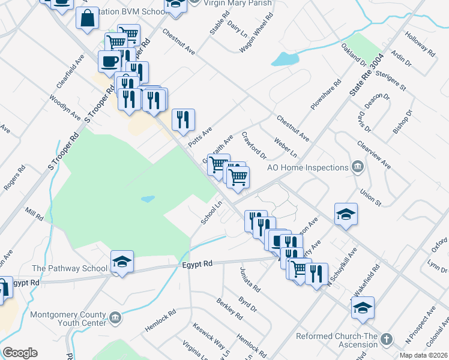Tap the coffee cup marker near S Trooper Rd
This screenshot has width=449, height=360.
[110, 62]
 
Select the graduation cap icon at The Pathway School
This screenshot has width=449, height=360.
[122, 262]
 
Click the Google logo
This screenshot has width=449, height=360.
[20, 353]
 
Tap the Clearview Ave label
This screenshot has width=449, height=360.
[373, 155]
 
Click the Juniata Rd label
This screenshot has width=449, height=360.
[250, 280]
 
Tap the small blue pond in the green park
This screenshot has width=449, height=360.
[148, 199]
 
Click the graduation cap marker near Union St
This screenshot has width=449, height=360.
[346, 214]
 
